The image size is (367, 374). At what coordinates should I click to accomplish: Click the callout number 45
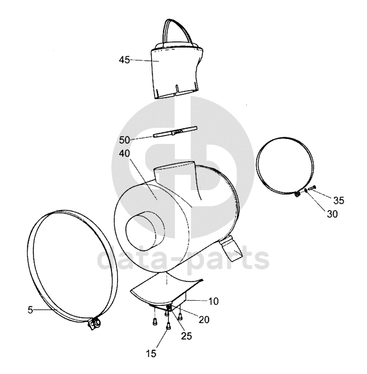coord(124,60)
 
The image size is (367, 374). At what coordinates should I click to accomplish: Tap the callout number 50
coord(124,140)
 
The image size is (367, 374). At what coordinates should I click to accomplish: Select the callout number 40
coord(124,153)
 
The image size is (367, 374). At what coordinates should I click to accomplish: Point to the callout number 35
coord(339,200)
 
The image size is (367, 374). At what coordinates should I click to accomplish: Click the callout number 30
coord(332,214)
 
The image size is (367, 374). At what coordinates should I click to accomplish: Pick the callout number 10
coord(214,301)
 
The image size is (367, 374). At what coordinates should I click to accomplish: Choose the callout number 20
coord(204,320)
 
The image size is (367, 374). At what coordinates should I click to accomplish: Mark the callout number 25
coord(186,336)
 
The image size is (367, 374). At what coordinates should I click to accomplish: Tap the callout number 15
coord(151,354)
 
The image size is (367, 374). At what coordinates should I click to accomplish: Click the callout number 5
coord(30,310)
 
